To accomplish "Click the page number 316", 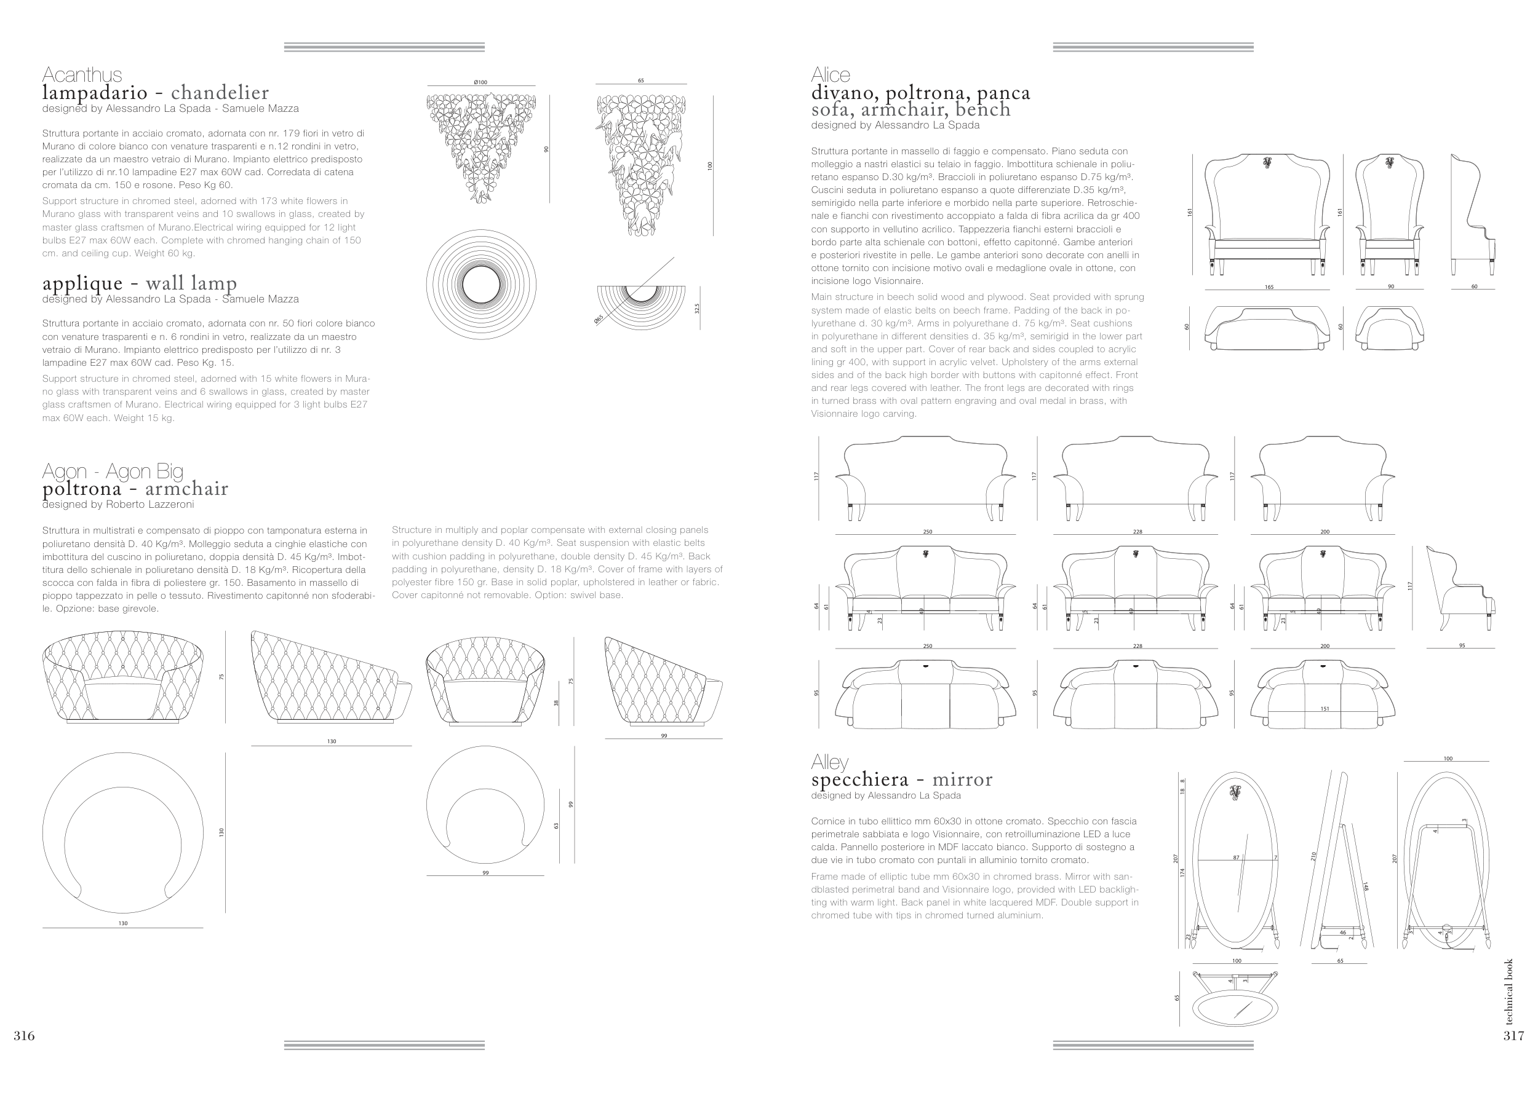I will coord(24,1036).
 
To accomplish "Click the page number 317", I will coord(1513,1036).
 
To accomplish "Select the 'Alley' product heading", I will coord(830,762).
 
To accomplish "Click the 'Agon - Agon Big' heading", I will coord(113,470).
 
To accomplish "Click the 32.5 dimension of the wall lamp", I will coord(697,308).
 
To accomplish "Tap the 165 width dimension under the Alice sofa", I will coord(1269,287).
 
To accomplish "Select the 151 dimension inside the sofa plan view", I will coord(1325,709).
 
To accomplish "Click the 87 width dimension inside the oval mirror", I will coord(1236,858).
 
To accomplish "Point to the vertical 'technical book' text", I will coord(1509,992).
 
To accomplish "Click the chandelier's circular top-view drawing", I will coord(482,285).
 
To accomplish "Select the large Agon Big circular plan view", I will coord(122,832).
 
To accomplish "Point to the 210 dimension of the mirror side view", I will coord(1313,856).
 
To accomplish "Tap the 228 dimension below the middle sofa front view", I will coord(1138,646).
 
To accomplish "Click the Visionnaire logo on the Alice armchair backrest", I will coord(1389,162).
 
